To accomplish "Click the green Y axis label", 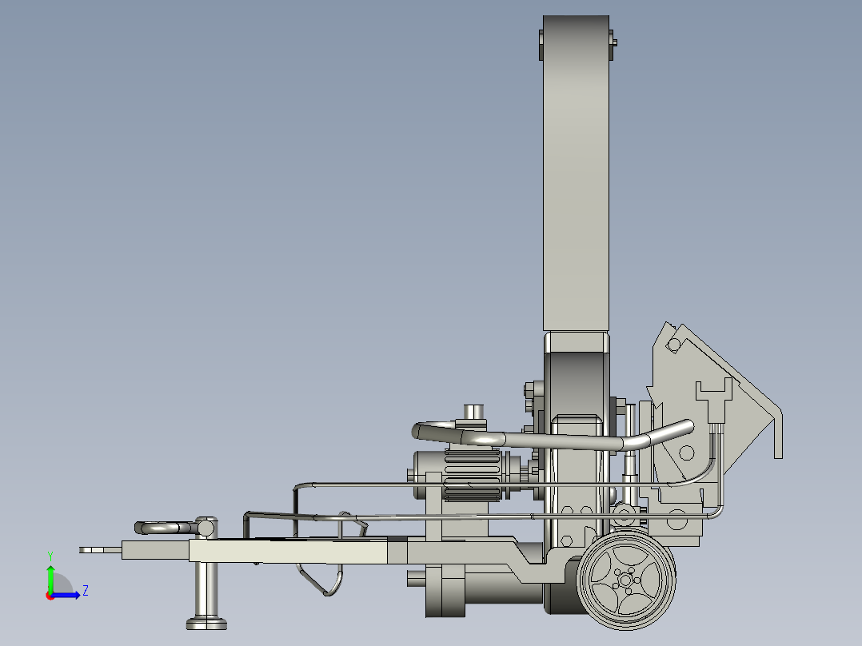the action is pos(50,556).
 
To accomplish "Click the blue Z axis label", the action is pos(86,591).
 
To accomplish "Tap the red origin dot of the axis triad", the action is pos(50,596).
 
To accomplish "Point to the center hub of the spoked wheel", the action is pos(625,580).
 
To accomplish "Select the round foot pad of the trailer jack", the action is pos(206,624).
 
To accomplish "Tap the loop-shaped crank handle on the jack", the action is pos(165,528).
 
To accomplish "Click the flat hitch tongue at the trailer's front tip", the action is pos(100,550).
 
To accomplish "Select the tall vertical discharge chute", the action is pos(576,173).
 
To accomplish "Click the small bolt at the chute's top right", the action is pos(613,42).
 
